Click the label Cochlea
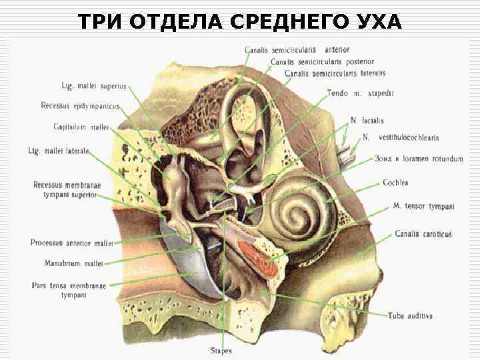point(396,182)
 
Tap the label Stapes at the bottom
point(221,349)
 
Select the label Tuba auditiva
point(411,315)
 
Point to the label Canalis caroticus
point(422,234)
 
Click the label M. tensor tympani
point(423,207)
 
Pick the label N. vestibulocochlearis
point(399,137)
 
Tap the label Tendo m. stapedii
point(360,93)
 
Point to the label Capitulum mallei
point(81,127)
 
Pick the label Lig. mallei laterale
point(59,151)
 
